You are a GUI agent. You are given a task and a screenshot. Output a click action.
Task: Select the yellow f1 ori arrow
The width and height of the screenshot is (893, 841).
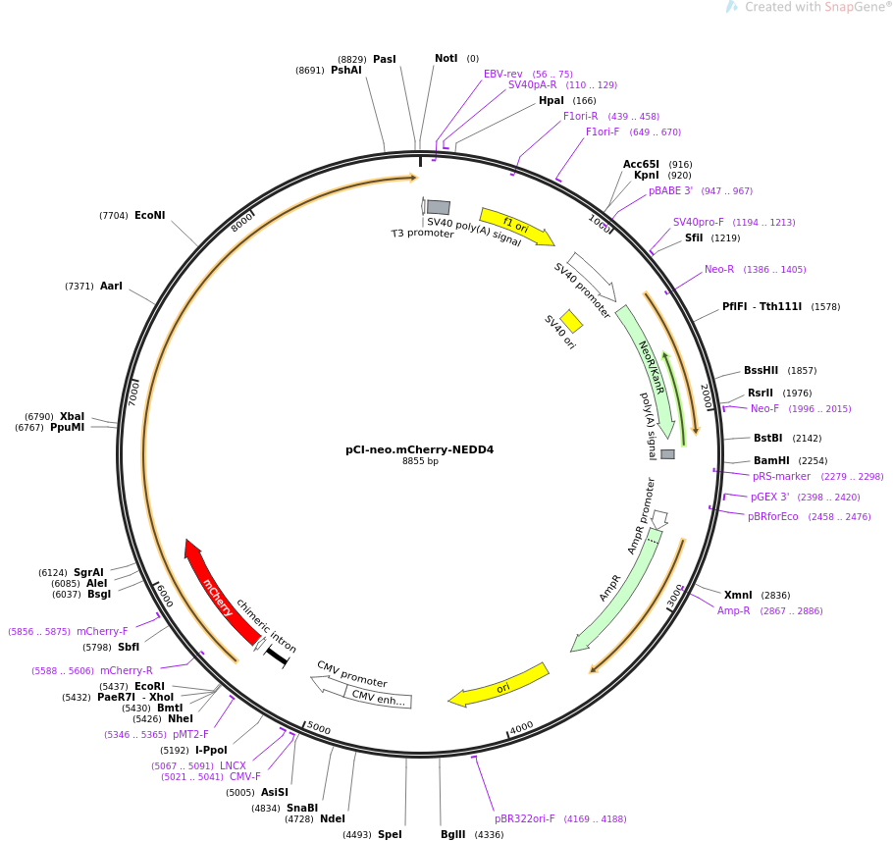pyautogui.click(x=516, y=227)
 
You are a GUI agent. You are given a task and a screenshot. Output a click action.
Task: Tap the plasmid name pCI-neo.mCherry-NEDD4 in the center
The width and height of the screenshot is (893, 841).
pyautogui.click(x=420, y=449)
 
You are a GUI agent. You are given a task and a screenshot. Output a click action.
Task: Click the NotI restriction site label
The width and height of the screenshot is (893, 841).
pyautogui.click(x=446, y=58)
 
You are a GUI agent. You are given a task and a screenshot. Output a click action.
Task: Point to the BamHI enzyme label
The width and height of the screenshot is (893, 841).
pyautogui.click(x=771, y=460)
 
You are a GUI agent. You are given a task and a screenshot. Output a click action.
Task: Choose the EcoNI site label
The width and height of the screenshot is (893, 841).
pyautogui.click(x=150, y=215)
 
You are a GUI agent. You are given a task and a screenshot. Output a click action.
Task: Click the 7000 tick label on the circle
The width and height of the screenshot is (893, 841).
pyautogui.click(x=133, y=394)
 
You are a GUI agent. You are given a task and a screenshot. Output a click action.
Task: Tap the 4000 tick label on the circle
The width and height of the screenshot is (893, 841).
pyautogui.click(x=521, y=728)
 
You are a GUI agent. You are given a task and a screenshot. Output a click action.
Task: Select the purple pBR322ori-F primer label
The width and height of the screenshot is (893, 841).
pyautogui.click(x=525, y=818)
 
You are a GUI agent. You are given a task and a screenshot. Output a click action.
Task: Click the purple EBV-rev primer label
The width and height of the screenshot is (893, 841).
pyautogui.click(x=502, y=74)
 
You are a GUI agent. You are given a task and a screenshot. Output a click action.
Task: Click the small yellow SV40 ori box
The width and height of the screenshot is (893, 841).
pyautogui.click(x=571, y=321)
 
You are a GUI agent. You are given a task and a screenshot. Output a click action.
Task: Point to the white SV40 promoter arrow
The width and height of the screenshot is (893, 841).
pyautogui.click(x=592, y=277)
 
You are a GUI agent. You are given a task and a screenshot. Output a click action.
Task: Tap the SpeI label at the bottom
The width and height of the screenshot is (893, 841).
pyautogui.click(x=390, y=834)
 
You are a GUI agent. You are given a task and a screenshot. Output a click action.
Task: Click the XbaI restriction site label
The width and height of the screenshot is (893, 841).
pyautogui.click(x=73, y=416)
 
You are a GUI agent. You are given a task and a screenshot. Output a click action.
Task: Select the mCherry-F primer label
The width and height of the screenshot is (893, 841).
pyautogui.click(x=102, y=631)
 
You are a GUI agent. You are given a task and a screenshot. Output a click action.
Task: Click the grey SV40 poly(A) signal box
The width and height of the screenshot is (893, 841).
pyautogui.click(x=439, y=207)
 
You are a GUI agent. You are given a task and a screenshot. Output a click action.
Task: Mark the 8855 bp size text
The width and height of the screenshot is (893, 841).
pyautogui.click(x=420, y=460)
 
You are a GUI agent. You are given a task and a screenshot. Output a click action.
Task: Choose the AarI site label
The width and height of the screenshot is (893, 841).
pyautogui.click(x=111, y=286)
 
